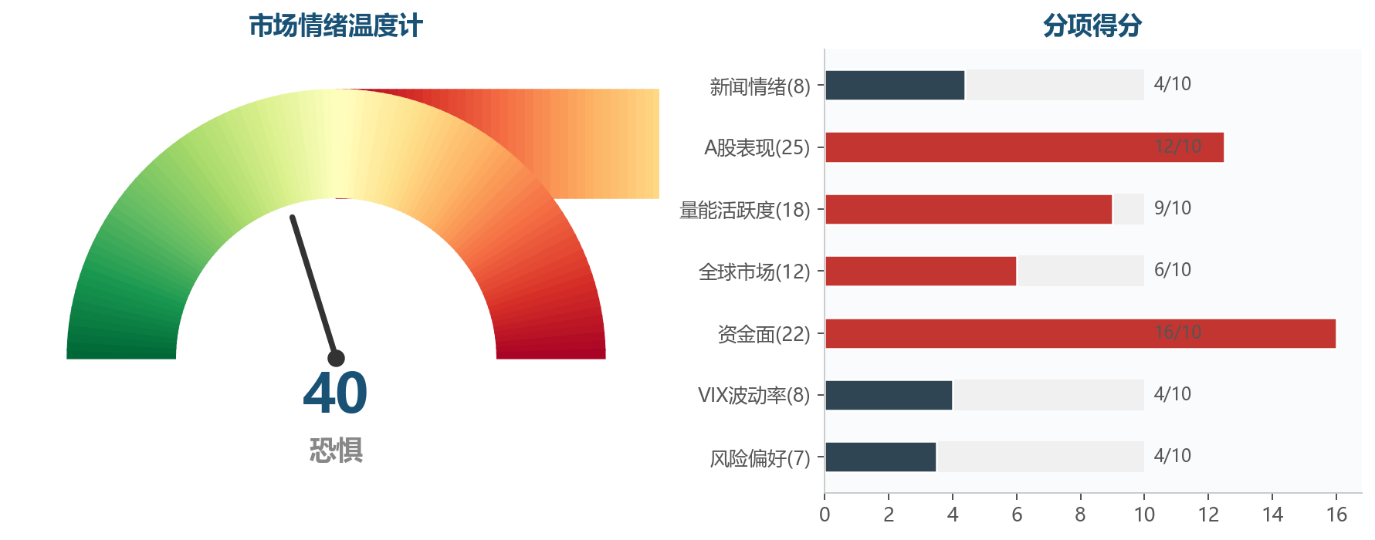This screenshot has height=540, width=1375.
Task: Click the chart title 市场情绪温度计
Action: click(x=335, y=26)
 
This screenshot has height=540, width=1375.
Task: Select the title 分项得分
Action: click(x=1092, y=26)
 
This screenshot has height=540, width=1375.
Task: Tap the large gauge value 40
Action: click(x=335, y=393)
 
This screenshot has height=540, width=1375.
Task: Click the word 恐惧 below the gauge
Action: click(x=336, y=451)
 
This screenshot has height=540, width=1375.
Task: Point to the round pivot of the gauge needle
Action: click(x=336, y=358)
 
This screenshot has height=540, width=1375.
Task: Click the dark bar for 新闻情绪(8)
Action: click(x=895, y=85)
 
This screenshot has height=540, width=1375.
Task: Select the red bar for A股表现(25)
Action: click(x=1024, y=147)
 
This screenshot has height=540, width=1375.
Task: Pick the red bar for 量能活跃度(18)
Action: click(x=968, y=209)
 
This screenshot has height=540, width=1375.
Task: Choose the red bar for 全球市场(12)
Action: click(x=920, y=271)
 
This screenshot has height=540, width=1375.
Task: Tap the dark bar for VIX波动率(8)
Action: click(x=889, y=395)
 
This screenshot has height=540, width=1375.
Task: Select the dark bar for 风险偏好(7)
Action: click(x=880, y=457)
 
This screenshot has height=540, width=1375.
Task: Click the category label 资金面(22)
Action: click(x=764, y=334)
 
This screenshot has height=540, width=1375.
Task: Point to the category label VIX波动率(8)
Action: click(x=754, y=396)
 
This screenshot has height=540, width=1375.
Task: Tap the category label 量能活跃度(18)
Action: click(x=744, y=210)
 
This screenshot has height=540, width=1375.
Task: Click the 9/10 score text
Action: click(x=1172, y=208)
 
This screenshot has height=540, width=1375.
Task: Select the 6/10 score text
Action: click(x=1172, y=270)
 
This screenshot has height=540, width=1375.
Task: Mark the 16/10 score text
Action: click(x=1177, y=332)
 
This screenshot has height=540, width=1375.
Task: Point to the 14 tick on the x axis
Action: click(x=1272, y=515)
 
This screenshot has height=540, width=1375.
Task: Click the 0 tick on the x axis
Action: click(x=825, y=515)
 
